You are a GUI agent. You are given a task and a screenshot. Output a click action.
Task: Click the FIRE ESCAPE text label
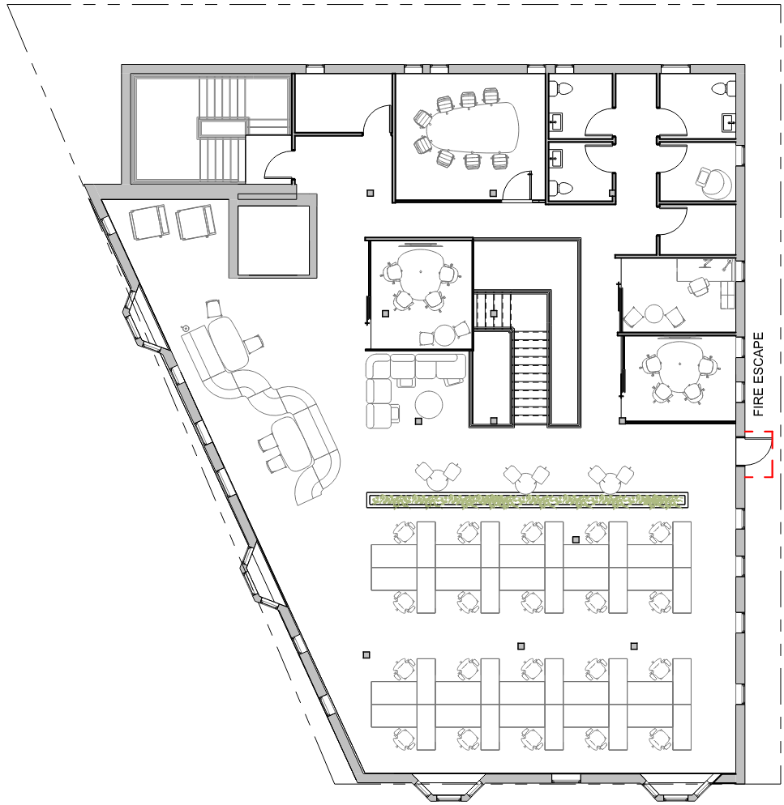coord(758,374)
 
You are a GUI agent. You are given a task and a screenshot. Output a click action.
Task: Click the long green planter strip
coord(528,500)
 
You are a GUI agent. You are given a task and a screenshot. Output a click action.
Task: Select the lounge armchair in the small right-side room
coord(713,183)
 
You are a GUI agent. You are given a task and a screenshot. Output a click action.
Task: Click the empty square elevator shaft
coord(273,241)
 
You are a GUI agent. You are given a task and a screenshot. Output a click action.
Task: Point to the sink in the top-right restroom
coord(729,122)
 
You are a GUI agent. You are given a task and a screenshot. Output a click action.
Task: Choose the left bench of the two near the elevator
coord(149,222)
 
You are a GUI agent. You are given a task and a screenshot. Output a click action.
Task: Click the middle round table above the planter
coord(525,482)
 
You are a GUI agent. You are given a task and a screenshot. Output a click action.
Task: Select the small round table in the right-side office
coord(654,313)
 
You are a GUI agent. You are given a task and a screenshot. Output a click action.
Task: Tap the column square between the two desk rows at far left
coord(366,654)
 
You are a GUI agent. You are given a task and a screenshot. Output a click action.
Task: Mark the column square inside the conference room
coord(493,193)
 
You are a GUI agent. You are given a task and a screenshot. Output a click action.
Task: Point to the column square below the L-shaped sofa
coord(418,421)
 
